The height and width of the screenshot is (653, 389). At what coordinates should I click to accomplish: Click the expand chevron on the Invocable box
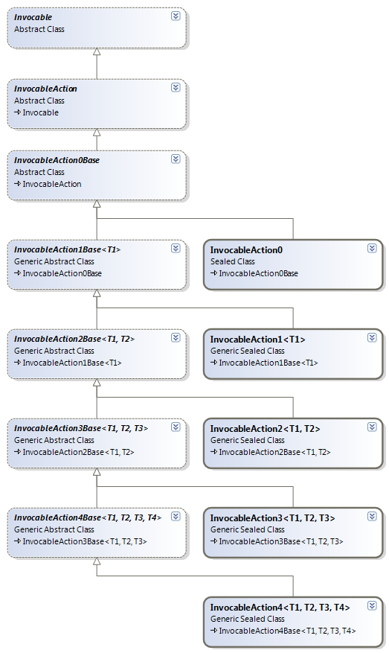(x=176, y=16)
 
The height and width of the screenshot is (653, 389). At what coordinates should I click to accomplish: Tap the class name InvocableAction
(x=45, y=89)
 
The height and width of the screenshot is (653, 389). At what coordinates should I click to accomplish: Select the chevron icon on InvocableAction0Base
(x=176, y=159)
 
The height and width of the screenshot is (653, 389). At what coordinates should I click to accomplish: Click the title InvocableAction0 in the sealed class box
(x=246, y=250)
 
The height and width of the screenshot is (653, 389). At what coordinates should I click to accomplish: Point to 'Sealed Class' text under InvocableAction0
(x=233, y=261)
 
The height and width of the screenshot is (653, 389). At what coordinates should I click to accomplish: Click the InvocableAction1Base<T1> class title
(x=68, y=249)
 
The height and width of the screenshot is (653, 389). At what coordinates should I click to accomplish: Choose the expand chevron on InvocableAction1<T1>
(x=372, y=338)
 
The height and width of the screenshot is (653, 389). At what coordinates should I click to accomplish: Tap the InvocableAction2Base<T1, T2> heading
(x=74, y=339)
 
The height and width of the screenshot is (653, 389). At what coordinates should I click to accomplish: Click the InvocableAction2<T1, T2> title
(x=265, y=429)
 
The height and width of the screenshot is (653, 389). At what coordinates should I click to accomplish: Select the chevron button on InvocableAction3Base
(x=176, y=427)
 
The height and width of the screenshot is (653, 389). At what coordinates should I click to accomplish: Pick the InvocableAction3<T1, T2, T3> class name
(x=272, y=518)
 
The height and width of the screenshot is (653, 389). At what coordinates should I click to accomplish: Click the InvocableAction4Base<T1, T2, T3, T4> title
(x=88, y=517)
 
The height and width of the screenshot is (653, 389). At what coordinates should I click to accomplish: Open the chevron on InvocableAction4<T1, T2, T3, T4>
(x=372, y=605)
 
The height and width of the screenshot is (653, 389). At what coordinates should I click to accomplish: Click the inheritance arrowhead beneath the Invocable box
(x=97, y=51)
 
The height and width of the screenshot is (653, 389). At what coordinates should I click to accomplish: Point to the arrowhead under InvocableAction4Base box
(x=97, y=561)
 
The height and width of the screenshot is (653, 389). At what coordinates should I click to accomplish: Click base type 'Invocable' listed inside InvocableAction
(x=41, y=112)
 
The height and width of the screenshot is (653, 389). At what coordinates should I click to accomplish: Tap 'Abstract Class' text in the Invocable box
(x=39, y=29)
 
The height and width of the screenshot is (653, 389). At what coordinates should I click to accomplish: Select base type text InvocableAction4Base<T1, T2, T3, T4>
(x=288, y=631)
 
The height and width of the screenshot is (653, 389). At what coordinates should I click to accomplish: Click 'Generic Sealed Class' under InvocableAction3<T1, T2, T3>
(x=248, y=529)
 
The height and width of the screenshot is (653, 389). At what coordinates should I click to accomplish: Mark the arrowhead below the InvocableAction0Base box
(x=97, y=204)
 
